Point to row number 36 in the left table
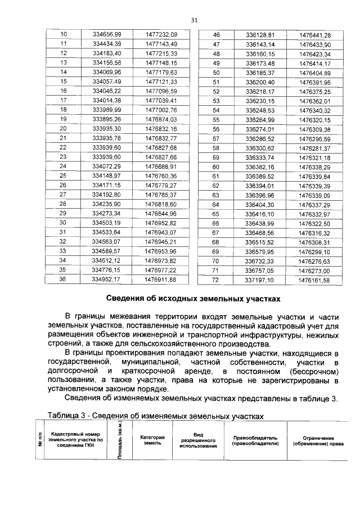(x=63, y=279)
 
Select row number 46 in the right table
(x=215, y=35)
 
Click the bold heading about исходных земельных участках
(x=193, y=298)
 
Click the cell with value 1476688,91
(x=161, y=166)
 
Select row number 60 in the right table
(x=215, y=167)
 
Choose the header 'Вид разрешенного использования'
(x=197, y=440)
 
